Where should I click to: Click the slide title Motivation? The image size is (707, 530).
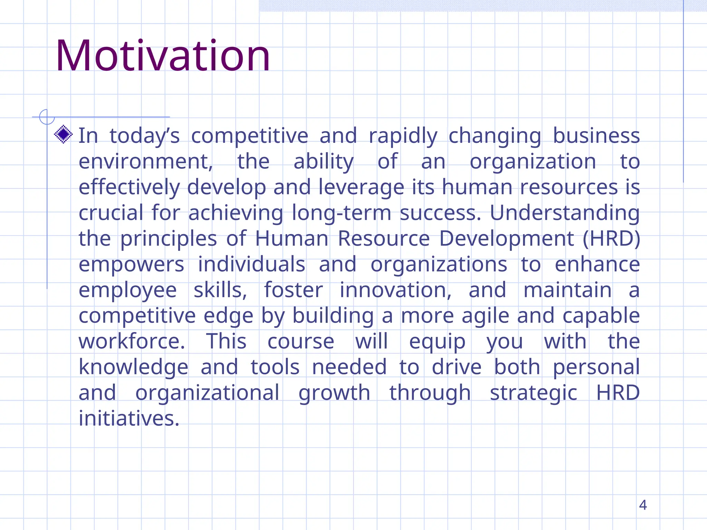pyautogui.click(x=163, y=56)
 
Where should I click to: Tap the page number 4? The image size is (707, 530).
pyautogui.click(x=642, y=505)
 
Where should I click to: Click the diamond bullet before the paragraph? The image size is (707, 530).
pyautogui.click(x=64, y=134)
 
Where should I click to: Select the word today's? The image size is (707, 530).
pyautogui.click(x=145, y=136)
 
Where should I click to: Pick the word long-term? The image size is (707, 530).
pyautogui.click(x=341, y=213)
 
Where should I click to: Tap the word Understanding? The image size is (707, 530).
pyautogui.click(x=565, y=213)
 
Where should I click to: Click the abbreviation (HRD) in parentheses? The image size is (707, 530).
pyautogui.click(x=611, y=238)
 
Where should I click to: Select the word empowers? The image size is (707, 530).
pyautogui.click(x=132, y=265)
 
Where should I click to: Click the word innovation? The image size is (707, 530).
pyautogui.click(x=395, y=290)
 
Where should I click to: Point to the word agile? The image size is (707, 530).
pyautogui.click(x=485, y=316)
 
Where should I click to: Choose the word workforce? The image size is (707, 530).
pyautogui.click(x=132, y=341)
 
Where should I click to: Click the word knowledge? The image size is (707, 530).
pyautogui.click(x=134, y=367)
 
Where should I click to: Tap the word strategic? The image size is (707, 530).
pyautogui.click(x=533, y=393)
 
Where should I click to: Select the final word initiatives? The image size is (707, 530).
pyautogui.click(x=129, y=418)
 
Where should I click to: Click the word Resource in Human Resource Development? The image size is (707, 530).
pyautogui.click(x=384, y=238)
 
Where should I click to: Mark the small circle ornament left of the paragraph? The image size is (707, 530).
pyautogui.click(x=47, y=117)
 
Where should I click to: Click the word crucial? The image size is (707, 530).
pyautogui.click(x=111, y=213)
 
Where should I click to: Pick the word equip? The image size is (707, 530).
pyautogui.click(x=437, y=342)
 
